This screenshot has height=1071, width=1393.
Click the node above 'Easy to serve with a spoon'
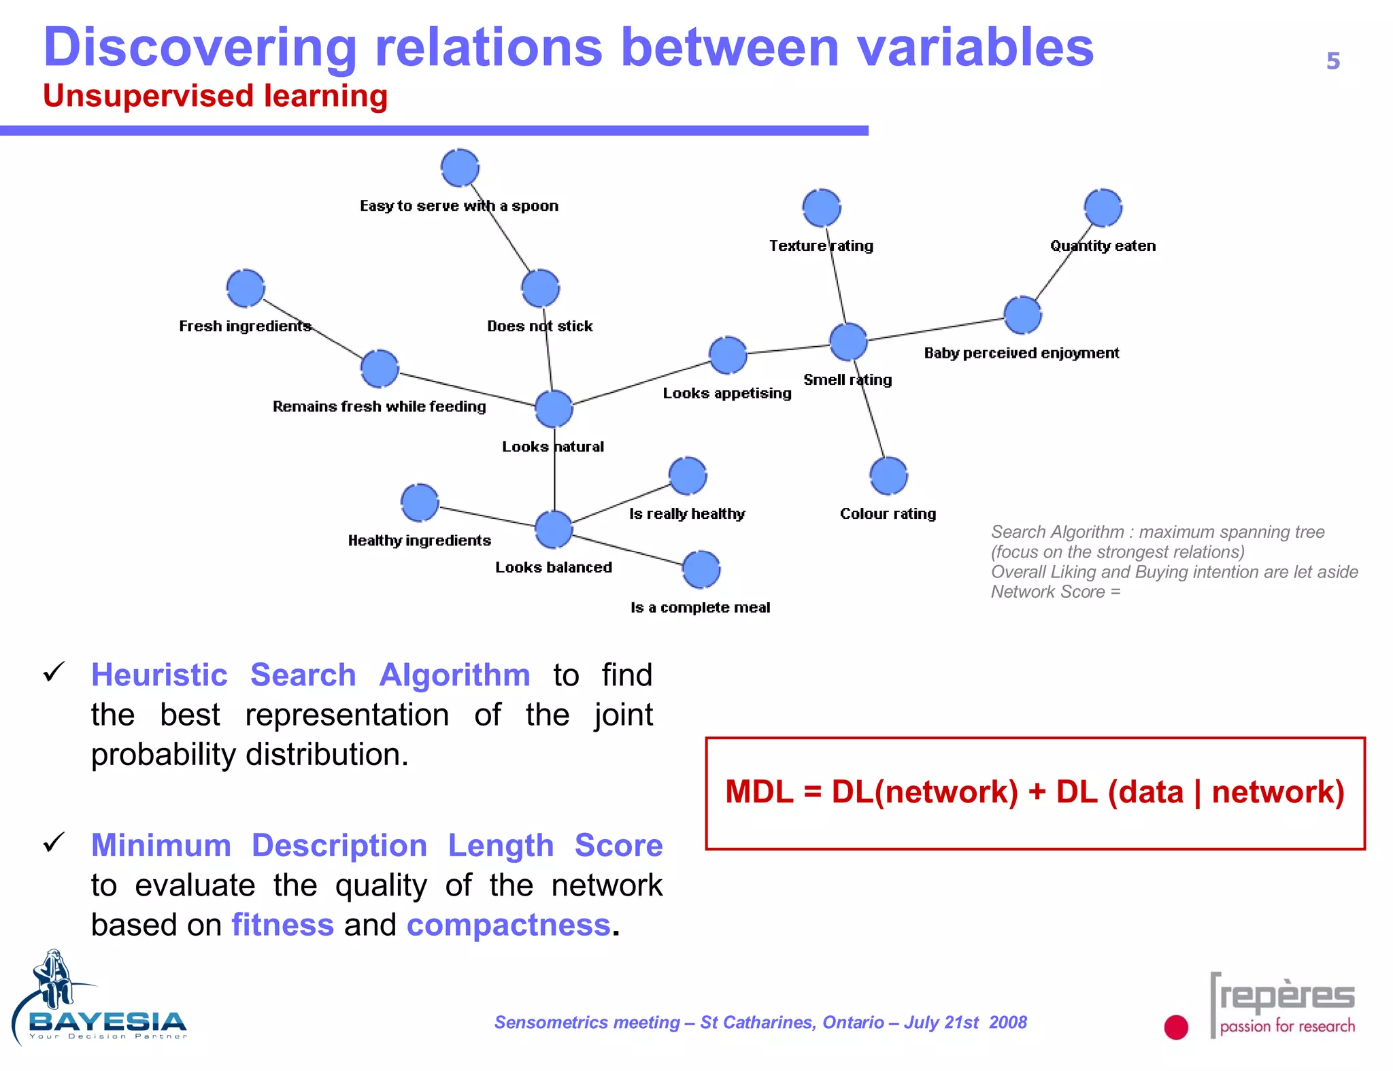pyautogui.click(x=460, y=167)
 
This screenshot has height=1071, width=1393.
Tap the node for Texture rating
pyautogui.click(x=821, y=207)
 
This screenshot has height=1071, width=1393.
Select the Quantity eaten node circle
pyautogui.click(x=1103, y=207)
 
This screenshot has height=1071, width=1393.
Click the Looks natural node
pyautogui.click(x=554, y=409)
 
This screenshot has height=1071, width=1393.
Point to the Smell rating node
pyautogui.click(x=848, y=341)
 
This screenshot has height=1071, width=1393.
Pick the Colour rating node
pyautogui.click(x=888, y=475)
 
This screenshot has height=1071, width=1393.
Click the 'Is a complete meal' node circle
pyautogui.click(x=701, y=569)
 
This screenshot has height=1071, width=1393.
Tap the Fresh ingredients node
pyautogui.click(x=246, y=288)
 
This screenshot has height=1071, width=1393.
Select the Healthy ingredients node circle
pyautogui.click(x=420, y=503)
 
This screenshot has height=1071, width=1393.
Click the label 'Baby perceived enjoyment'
pyautogui.click(x=1021, y=353)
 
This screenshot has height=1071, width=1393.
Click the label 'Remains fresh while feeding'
pyautogui.click(x=379, y=407)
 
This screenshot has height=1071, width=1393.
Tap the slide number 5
pyautogui.click(x=1332, y=61)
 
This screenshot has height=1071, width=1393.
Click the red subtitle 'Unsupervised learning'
pyautogui.click(x=215, y=96)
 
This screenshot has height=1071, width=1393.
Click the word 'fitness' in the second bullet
pyautogui.click(x=282, y=925)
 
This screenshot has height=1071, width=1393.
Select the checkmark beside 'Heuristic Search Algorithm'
pyautogui.click(x=54, y=673)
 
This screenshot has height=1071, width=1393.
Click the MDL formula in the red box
pyautogui.click(x=1035, y=792)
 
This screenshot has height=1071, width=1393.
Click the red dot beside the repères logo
pyautogui.click(x=1175, y=1027)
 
